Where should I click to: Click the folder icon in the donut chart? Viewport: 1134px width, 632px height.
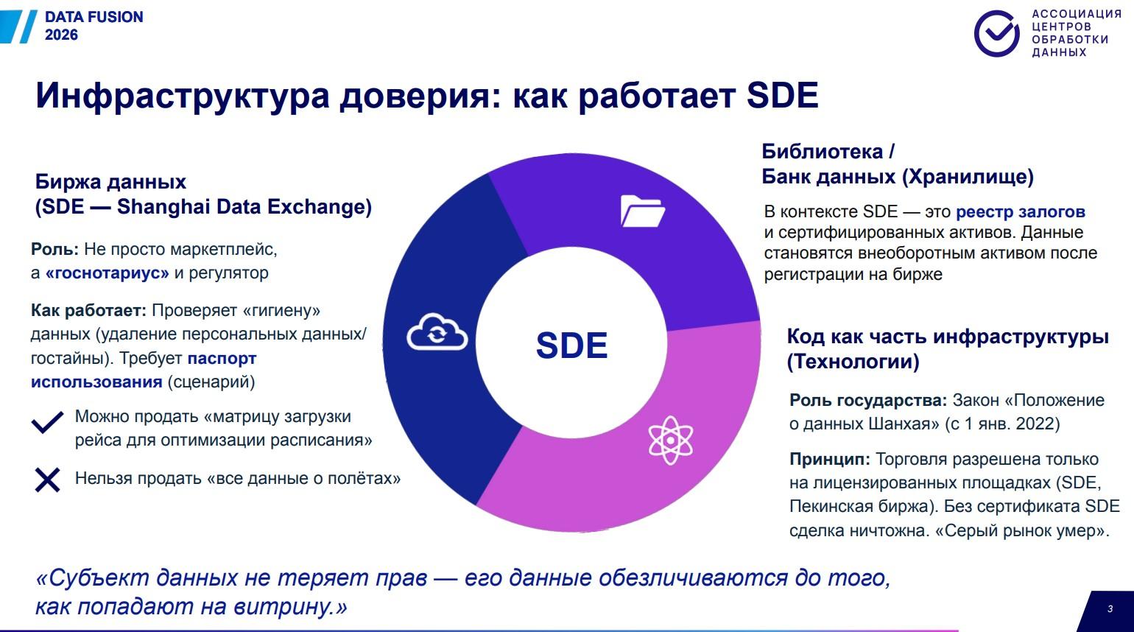642,211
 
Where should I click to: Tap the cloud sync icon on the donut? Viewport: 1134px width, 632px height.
437,331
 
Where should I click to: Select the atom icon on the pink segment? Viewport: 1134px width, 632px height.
670,440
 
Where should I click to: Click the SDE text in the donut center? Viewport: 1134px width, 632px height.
571,345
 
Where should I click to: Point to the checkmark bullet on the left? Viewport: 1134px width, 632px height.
48,422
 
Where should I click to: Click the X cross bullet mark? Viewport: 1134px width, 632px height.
48,480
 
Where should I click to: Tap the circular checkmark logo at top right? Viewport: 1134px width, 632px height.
997,33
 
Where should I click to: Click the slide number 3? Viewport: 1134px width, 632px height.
1110,608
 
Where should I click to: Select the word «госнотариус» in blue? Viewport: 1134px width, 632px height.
108,273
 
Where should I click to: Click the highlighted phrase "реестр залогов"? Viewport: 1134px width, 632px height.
1021,211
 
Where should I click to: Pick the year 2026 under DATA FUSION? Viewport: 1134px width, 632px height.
61,35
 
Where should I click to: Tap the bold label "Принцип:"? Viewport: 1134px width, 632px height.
830,460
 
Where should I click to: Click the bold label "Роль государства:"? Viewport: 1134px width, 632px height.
868,401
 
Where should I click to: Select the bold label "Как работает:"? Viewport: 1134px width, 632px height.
88,310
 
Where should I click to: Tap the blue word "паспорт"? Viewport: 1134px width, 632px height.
222,359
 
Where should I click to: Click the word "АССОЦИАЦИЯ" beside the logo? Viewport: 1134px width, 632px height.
1077,14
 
